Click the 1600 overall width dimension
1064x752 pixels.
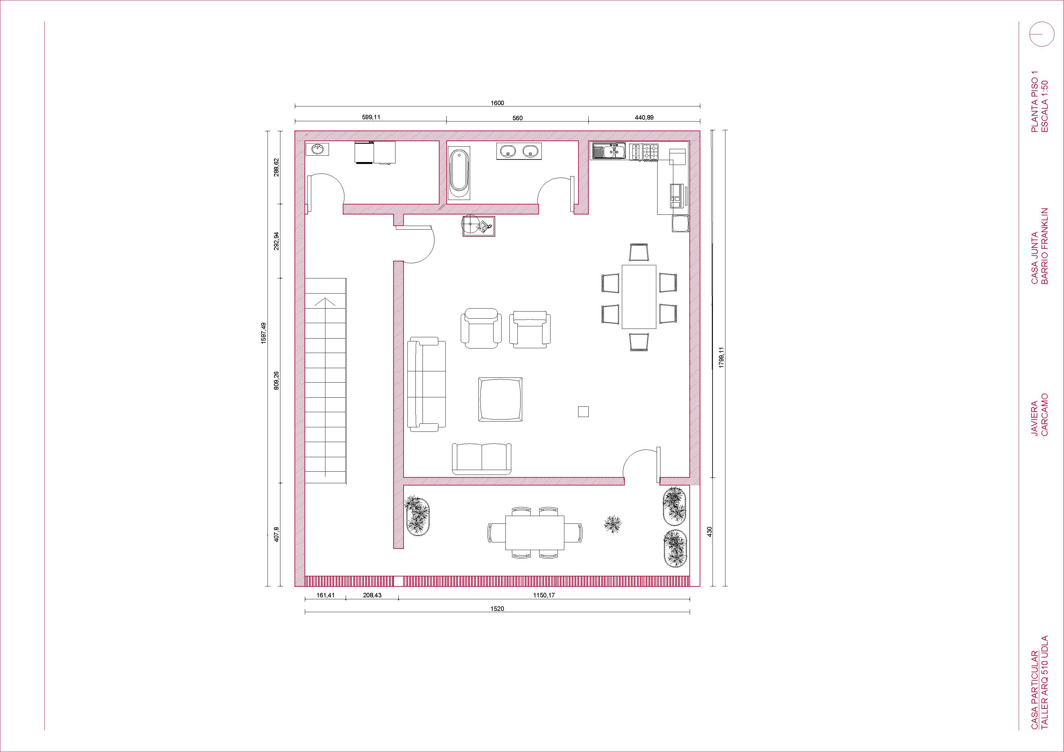tap(497, 103)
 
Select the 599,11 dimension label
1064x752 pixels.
tap(371, 117)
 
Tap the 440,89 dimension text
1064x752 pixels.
tap(644, 117)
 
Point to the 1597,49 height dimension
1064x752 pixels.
tap(263, 333)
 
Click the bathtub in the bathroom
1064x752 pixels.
tap(459, 172)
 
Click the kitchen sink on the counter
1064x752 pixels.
tap(608, 151)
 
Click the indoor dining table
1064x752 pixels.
tap(639, 296)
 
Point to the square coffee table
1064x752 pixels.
tap(500, 399)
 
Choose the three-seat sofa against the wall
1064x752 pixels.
tap(426, 385)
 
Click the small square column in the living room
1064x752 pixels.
tap(583, 412)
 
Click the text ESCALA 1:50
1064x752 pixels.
tap(1044, 106)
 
